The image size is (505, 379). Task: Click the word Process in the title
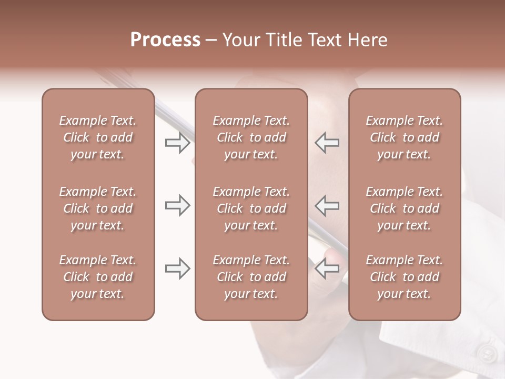point(165,40)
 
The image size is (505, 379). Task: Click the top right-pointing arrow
point(177,143)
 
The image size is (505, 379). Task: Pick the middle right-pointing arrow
point(177,205)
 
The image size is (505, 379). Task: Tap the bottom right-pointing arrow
point(177,268)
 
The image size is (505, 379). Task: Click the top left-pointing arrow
point(327,143)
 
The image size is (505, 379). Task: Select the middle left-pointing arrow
point(327,205)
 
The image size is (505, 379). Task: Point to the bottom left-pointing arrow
point(327,268)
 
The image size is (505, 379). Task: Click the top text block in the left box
point(98,137)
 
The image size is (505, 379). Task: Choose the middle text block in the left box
point(98,208)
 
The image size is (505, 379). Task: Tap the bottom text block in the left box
point(98,277)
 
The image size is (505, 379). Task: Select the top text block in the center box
point(251,137)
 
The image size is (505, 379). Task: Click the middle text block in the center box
point(251,208)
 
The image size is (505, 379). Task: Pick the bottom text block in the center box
point(251,277)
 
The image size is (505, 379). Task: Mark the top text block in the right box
point(404,137)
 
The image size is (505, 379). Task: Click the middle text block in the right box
point(404,208)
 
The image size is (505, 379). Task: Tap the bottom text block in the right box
point(404,277)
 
